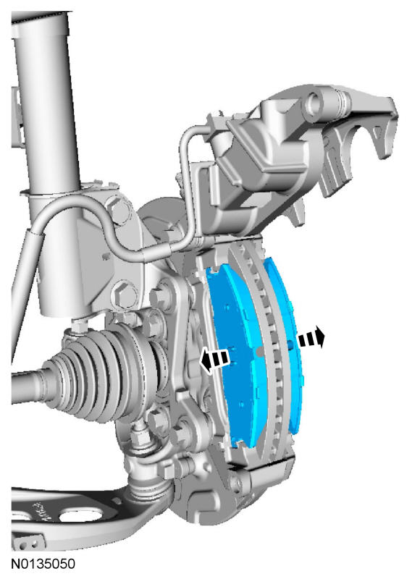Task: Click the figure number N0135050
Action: coord(43,563)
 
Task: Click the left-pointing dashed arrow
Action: coord(214,360)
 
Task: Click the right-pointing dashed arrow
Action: coord(311,337)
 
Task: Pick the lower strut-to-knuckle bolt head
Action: coord(125,295)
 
